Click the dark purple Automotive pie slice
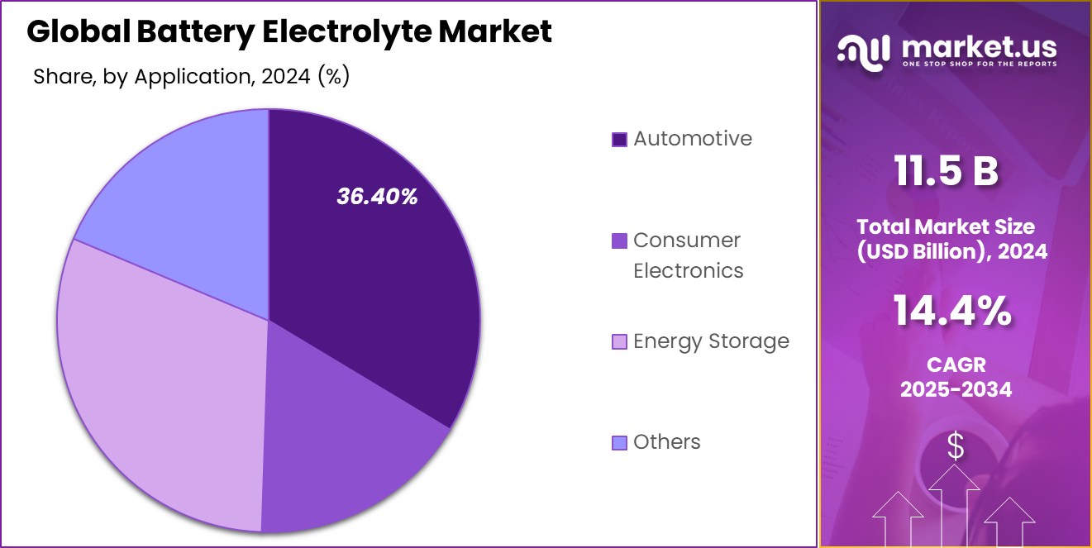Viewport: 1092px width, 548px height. [x=372, y=273]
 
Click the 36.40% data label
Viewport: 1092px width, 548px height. [x=377, y=197]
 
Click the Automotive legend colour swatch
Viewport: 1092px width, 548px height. [x=619, y=140]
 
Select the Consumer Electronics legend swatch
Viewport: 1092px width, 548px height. [x=619, y=241]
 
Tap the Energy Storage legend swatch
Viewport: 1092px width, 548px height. [x=619, y=342]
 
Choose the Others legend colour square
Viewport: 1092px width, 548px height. [x=619, y=443]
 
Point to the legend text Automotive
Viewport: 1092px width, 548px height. [x=693, y=139]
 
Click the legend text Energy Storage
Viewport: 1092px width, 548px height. [x=711, y=341]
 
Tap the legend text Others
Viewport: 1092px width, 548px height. [x=667, y=442]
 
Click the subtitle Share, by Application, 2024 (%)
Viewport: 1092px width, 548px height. [x=191, y=77]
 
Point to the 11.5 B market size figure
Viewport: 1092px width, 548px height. [x=947, y=172]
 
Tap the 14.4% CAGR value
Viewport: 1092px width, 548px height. [x=952, y=312]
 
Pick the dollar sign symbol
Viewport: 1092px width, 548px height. [x=956, y=447]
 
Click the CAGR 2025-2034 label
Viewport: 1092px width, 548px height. [x=956, y=377]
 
